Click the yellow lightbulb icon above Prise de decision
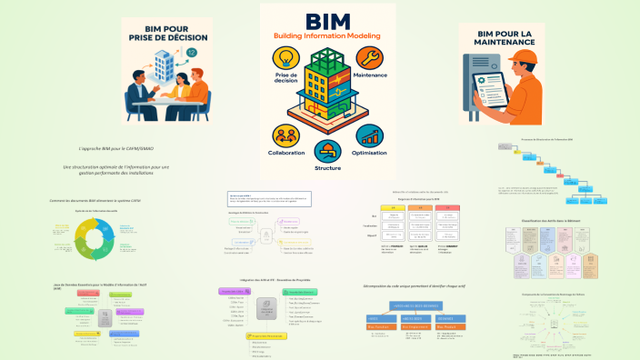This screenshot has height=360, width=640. [x=283, y=60]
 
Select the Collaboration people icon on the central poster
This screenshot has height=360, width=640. [x=283, y=135]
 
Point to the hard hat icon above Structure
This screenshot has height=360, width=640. [x=326, y=150]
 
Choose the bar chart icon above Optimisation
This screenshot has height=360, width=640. [x=368, y=135]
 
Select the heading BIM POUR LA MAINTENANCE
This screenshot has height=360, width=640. [x=501, y=39]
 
